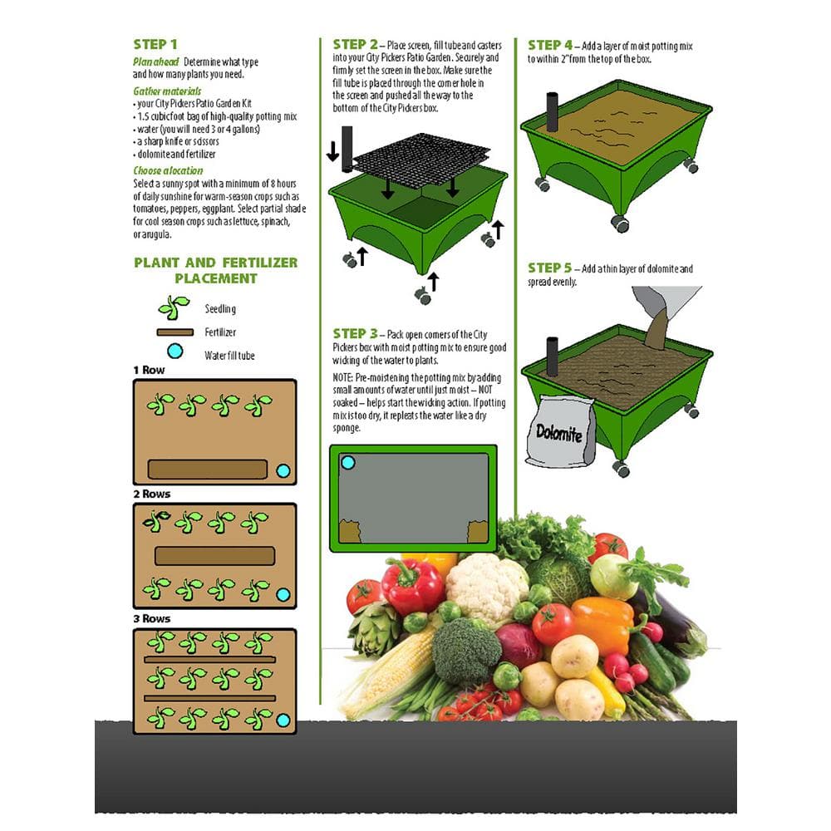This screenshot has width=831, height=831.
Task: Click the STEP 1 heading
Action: tap(155, 44)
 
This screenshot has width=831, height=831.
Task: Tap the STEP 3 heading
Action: tap(355, 333)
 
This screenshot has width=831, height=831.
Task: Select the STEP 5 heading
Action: tap(550, 268)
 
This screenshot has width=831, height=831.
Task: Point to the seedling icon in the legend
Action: tap(174, 307)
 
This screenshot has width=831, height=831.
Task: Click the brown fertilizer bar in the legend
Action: tap(174, 332)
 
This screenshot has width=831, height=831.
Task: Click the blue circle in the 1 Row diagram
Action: tap(283, 471)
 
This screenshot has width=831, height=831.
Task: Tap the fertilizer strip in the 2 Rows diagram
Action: tap(214, 556)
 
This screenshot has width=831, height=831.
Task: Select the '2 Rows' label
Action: tap(151, 494)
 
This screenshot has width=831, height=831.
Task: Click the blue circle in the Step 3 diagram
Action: tap(348, 463)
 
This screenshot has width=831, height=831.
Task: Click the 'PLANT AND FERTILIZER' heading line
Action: tap(215, 263)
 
